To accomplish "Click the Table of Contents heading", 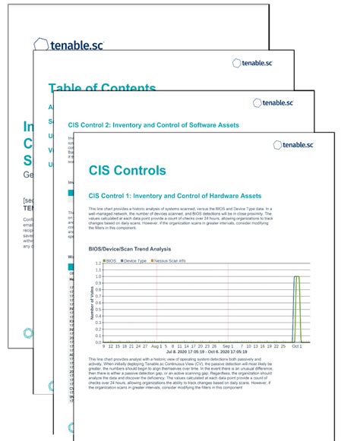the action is click(x=102, y=89).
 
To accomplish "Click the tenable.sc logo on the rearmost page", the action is click(x=74, y=45).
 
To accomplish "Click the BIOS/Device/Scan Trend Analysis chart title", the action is click(x=130, y=249).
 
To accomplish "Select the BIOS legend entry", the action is click(x=109, y=261).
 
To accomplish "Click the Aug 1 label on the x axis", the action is click(x=156, y=344).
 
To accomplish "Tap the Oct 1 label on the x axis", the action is click(x=295, y=344).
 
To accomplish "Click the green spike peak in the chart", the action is click(x=297, y=277).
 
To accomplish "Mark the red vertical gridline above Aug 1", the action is click(x=156, y=304).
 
